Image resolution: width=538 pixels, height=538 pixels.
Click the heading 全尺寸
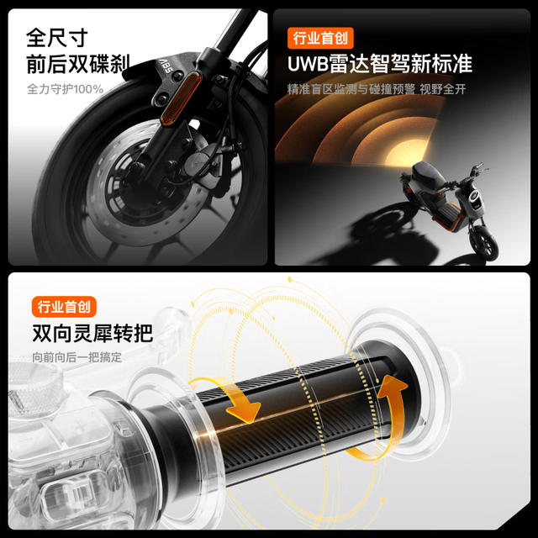(x=56, y=38)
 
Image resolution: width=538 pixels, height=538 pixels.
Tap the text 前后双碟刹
(x=78, y=64)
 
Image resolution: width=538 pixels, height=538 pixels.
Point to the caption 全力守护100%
(x=66, y=89)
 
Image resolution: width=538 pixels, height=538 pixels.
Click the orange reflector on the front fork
(x=181, y=98)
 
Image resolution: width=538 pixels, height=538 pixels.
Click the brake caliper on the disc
(x=203, y=164)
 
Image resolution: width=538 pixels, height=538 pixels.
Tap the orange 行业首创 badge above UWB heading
(x=320, y=38)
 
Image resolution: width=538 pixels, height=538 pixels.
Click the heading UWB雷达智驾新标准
(x=380, y=64)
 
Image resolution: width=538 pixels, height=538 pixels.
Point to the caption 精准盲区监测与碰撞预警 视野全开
(x=377, y=89)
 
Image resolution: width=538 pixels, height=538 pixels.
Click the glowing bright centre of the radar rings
(x=405, y=154)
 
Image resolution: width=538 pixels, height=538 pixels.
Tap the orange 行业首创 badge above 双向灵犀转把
(x=64, y=307)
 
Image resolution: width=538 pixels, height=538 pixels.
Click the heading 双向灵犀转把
(x=92, y=333)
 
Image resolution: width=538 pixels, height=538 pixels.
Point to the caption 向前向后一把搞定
(x=76, y=357)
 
